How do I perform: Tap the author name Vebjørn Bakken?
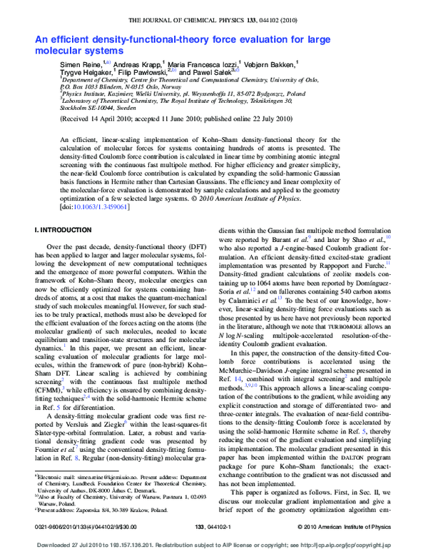click(275, 64)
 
